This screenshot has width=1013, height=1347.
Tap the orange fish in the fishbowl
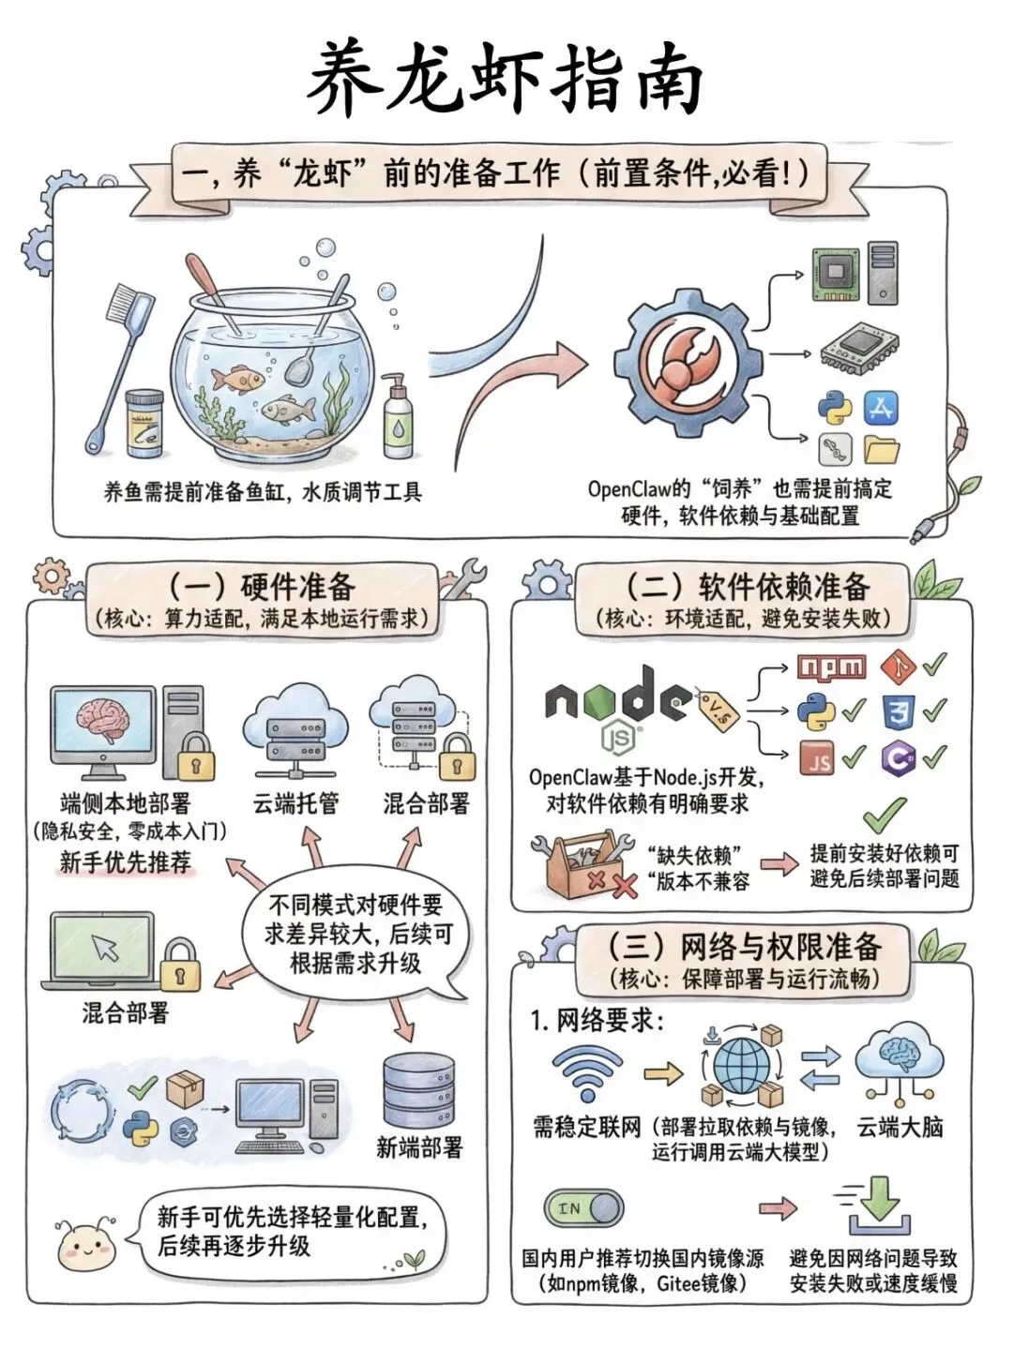pyautogui.click(x=237, y=378)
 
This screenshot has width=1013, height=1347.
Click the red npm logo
pyautogui.click(x=831, y=667)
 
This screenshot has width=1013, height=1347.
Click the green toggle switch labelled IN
pyautogui.click(x=583, y=1208)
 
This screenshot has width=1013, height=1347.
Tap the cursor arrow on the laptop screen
pyautogui.click(x=104, y=948)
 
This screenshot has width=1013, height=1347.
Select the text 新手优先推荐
pyautogui.click(x=125, y=861)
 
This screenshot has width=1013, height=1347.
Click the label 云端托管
pyautogui.click(x=295, y=803)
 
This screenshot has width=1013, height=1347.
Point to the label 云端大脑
pyautogui.click(x=900, y=1127)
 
